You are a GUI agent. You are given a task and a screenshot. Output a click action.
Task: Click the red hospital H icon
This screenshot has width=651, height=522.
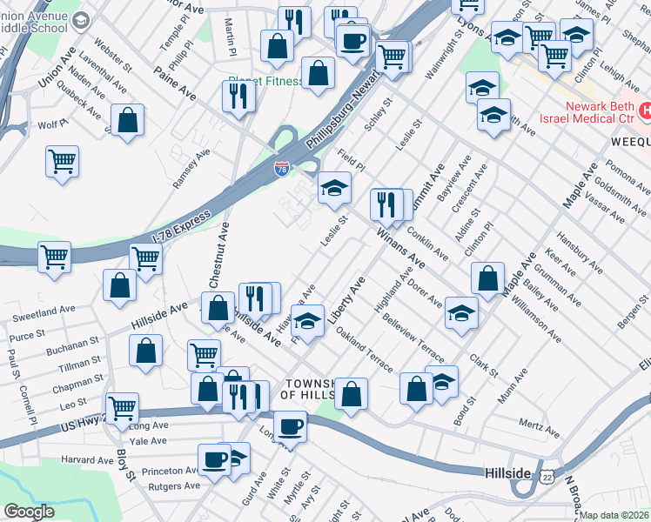point(645,110)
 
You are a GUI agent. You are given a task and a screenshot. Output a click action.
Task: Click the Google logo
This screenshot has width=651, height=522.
point(30,512)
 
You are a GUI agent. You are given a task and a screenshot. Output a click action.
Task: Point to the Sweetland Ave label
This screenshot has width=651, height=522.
point(44,311)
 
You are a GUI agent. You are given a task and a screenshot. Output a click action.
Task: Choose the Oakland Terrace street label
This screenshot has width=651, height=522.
point(365,351)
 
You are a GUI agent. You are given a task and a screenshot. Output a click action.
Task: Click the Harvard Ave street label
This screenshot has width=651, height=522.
point(88,459)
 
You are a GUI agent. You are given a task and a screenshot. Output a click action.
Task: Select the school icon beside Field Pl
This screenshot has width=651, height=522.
point(334,187)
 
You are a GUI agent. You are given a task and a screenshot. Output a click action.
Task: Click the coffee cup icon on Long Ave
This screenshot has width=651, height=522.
point(290,425)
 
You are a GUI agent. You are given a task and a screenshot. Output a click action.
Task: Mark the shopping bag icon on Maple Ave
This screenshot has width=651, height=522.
point(488,278)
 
